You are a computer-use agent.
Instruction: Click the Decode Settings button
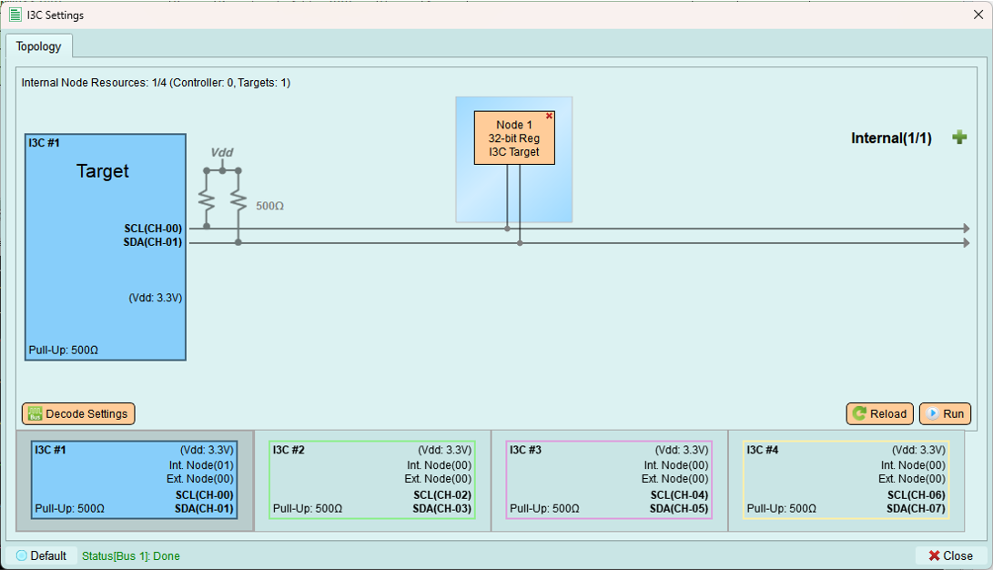78,413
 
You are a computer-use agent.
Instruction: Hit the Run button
945,413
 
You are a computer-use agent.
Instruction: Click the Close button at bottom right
950,555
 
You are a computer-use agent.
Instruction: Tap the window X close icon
978,15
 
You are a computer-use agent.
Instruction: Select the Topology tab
38,46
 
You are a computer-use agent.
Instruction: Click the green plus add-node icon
959,137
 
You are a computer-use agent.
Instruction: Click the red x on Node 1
549,116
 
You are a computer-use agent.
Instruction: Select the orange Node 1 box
514,138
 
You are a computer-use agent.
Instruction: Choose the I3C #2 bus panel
372,480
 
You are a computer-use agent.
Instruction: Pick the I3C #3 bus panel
609,480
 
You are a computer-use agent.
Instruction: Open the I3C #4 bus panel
846,480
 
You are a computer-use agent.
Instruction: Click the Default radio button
22,555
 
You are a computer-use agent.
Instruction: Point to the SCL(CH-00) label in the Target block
153,228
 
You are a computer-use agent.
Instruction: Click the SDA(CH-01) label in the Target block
153,242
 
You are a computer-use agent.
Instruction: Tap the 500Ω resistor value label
269,206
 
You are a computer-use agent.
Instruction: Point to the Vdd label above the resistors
222,152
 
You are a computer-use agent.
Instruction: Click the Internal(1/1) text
891,138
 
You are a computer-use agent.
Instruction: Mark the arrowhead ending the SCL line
967,228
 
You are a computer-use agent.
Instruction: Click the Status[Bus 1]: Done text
130,556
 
